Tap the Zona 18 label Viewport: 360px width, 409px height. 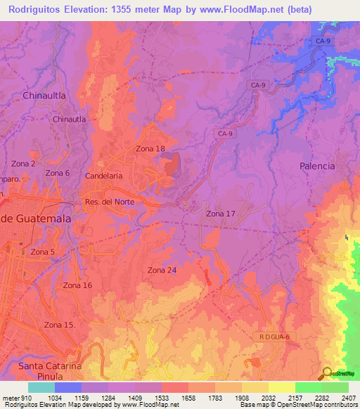(x=150, y=149)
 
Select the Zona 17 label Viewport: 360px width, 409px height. (x=221, y=214)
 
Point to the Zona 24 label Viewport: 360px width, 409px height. (x=162, y=271)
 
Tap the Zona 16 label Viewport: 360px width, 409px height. (x=77, y=285)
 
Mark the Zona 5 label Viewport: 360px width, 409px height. (x=43, y=252)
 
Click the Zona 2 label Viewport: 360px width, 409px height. (x=23, y=164)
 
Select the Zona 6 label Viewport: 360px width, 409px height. (x=57, y=173)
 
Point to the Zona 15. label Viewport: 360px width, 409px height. (x=60, y=325)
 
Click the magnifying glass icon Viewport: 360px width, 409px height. (x=328, y=373)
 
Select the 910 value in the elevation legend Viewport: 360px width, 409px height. (x=25, y=398)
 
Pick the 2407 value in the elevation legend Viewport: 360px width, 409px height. (x=348, y=398)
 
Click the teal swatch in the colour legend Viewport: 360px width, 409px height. (x=41, y=387)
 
